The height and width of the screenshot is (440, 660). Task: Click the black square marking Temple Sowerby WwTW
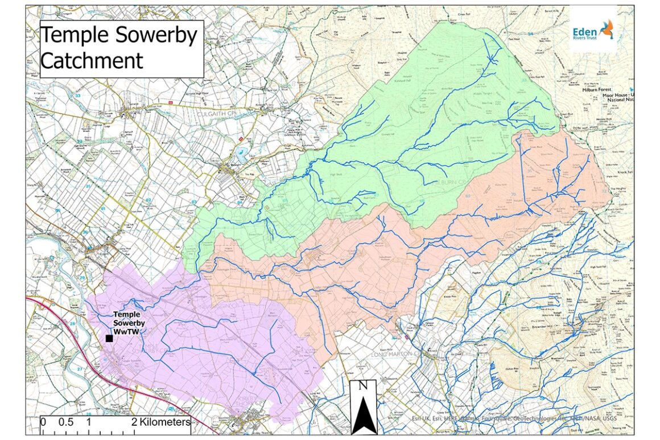pos(109,338)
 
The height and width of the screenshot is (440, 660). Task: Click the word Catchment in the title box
pos(91,60)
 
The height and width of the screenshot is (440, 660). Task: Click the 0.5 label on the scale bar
pos(65,422)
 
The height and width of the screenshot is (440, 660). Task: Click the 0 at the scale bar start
pos(43,422)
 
